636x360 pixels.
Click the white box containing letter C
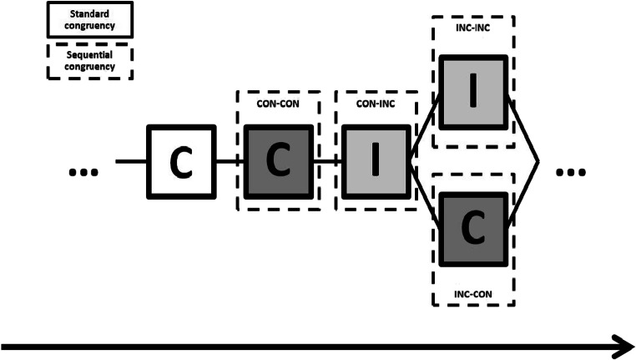point(181,162)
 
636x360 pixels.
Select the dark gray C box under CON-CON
point(280,162)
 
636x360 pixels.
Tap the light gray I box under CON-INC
point(376,162)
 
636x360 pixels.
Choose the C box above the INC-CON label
point(473,227)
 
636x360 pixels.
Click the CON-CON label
point(280,104)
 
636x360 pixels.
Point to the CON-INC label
point(376,104)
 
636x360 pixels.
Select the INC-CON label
point(473,292)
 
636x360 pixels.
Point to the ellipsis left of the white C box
point(83,172)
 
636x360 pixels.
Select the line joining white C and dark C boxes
point(230,162)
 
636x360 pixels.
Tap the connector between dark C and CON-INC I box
point(328,162)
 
